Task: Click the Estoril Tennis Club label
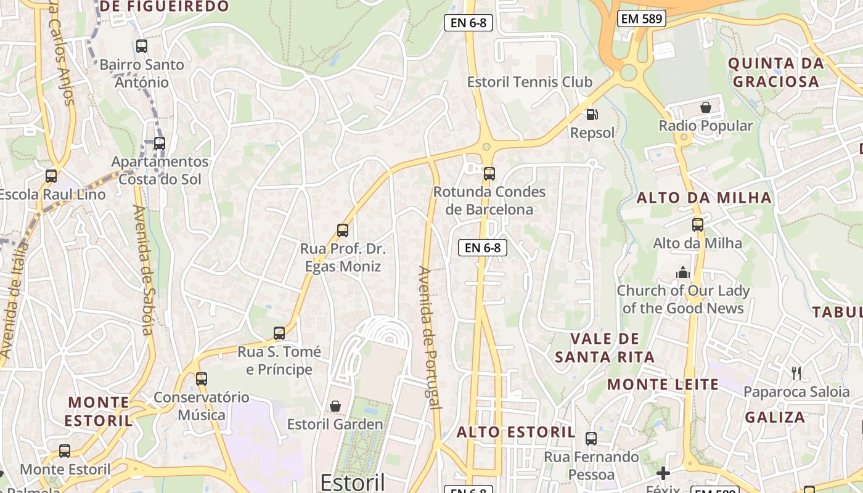(530, 82)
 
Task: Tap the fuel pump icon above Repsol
(592, 114)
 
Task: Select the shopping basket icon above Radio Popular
(706, 107)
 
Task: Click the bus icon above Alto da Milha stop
(698, 225)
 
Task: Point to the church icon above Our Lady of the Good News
(683, 272)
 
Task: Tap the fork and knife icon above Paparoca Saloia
(796, 373)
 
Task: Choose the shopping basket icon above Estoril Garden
(335, 406)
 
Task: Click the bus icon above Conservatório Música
(202, 379)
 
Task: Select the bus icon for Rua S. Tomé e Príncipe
(279, 333)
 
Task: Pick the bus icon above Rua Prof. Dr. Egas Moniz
(343, 230)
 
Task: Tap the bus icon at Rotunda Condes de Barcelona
(489, 174)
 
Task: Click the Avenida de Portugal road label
(430, 338)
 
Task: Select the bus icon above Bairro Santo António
(142, 46)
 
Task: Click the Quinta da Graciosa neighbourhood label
(775, 72)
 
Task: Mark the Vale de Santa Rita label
(605, 348)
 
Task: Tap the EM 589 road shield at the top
(642, 19)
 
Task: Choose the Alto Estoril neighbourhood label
(516, 432)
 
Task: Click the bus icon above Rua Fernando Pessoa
(591, 439)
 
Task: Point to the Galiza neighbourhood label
(775, 417)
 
